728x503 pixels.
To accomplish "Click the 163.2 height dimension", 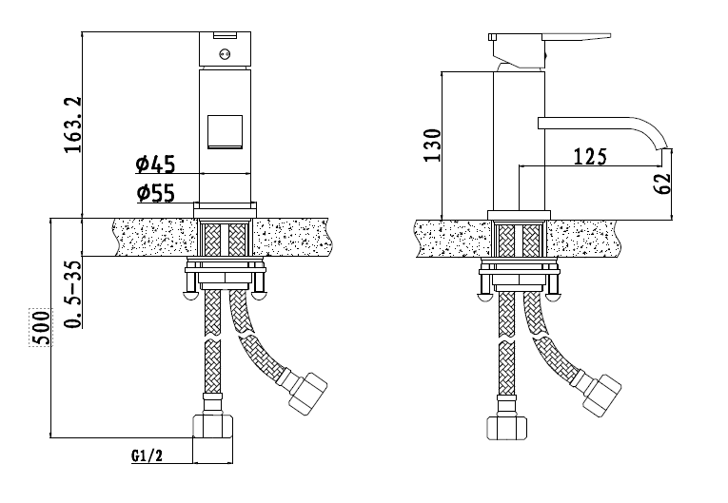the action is pos(73,125).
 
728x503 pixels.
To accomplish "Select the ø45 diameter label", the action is pos(155,164).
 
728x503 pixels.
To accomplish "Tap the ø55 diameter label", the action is pos(156,193).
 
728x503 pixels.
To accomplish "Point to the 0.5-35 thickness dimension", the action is pos(73,294).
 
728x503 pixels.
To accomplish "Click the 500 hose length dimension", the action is pos(42,328).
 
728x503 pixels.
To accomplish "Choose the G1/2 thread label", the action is pos(147,455).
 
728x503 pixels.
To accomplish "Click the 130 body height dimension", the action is pos(432,145).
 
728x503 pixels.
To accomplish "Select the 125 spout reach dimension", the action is pos(590,157).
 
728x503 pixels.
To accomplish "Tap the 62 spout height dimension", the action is pos(662,184).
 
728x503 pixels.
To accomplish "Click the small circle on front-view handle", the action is pos(225,54).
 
